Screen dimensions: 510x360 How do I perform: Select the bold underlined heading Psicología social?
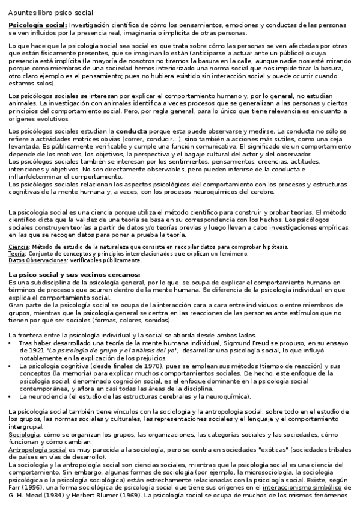[37, 25]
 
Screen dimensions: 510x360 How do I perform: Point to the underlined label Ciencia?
[18, 247]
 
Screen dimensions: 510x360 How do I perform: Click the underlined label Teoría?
[17, 254]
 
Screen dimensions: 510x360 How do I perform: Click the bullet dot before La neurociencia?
[11, 397]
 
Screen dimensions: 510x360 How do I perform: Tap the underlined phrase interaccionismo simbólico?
[294, 487]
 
